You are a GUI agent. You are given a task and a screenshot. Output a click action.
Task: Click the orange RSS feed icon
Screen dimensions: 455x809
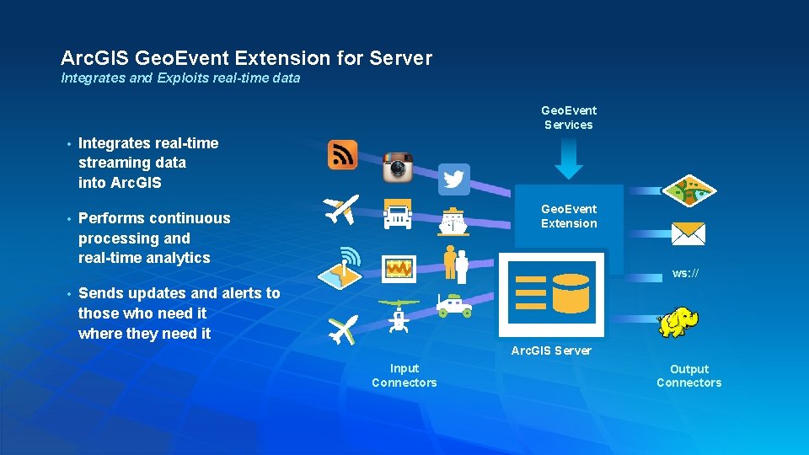pyautogui.click(x=342, y=155)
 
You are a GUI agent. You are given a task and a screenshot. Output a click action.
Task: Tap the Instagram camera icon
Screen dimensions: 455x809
pyautogui.click(x=398, y=168)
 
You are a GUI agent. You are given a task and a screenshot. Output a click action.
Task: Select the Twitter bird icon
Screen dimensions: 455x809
pyautogui.click(x=454, y=179)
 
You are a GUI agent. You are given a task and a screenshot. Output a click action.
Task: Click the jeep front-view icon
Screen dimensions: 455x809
pyautogui.click(x=397, y=214)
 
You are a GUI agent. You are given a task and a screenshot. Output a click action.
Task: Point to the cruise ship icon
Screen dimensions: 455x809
pyautogui.click(x=453, y=222)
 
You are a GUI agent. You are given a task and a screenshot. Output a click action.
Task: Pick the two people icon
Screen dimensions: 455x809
pyautogui.click(x=456, y=263)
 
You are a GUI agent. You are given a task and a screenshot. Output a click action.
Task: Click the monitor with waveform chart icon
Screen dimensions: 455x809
pyautogui.click(x=398, y=268)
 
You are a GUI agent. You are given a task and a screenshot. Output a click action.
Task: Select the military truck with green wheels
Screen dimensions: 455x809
pyautogui.click(x=454, y=305)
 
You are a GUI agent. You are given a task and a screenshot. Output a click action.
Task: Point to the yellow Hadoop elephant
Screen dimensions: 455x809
pyautogui.click(x=678, y=322)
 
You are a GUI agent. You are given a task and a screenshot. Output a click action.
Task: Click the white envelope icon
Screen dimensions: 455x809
pyautogui.click(x=688, y=233)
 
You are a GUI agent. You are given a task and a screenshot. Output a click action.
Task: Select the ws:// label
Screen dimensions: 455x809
pyautogui.click(x=685, y=273)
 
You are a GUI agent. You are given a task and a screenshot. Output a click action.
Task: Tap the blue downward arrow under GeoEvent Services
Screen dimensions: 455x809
pyautogui.click(x=569, y=160)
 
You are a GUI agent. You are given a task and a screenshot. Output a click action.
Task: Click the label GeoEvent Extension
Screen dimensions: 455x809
pyautogui.click(x=569, y=216)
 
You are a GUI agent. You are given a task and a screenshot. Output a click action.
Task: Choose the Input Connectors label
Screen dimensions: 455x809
pyautogui.click(x=404, y=375)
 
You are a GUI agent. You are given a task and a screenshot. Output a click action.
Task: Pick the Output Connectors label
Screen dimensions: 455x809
pyautogui.click(x=689, y=376)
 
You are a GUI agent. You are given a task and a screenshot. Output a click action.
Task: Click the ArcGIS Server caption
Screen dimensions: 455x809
pyautogui.click(x=551, y=351)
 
